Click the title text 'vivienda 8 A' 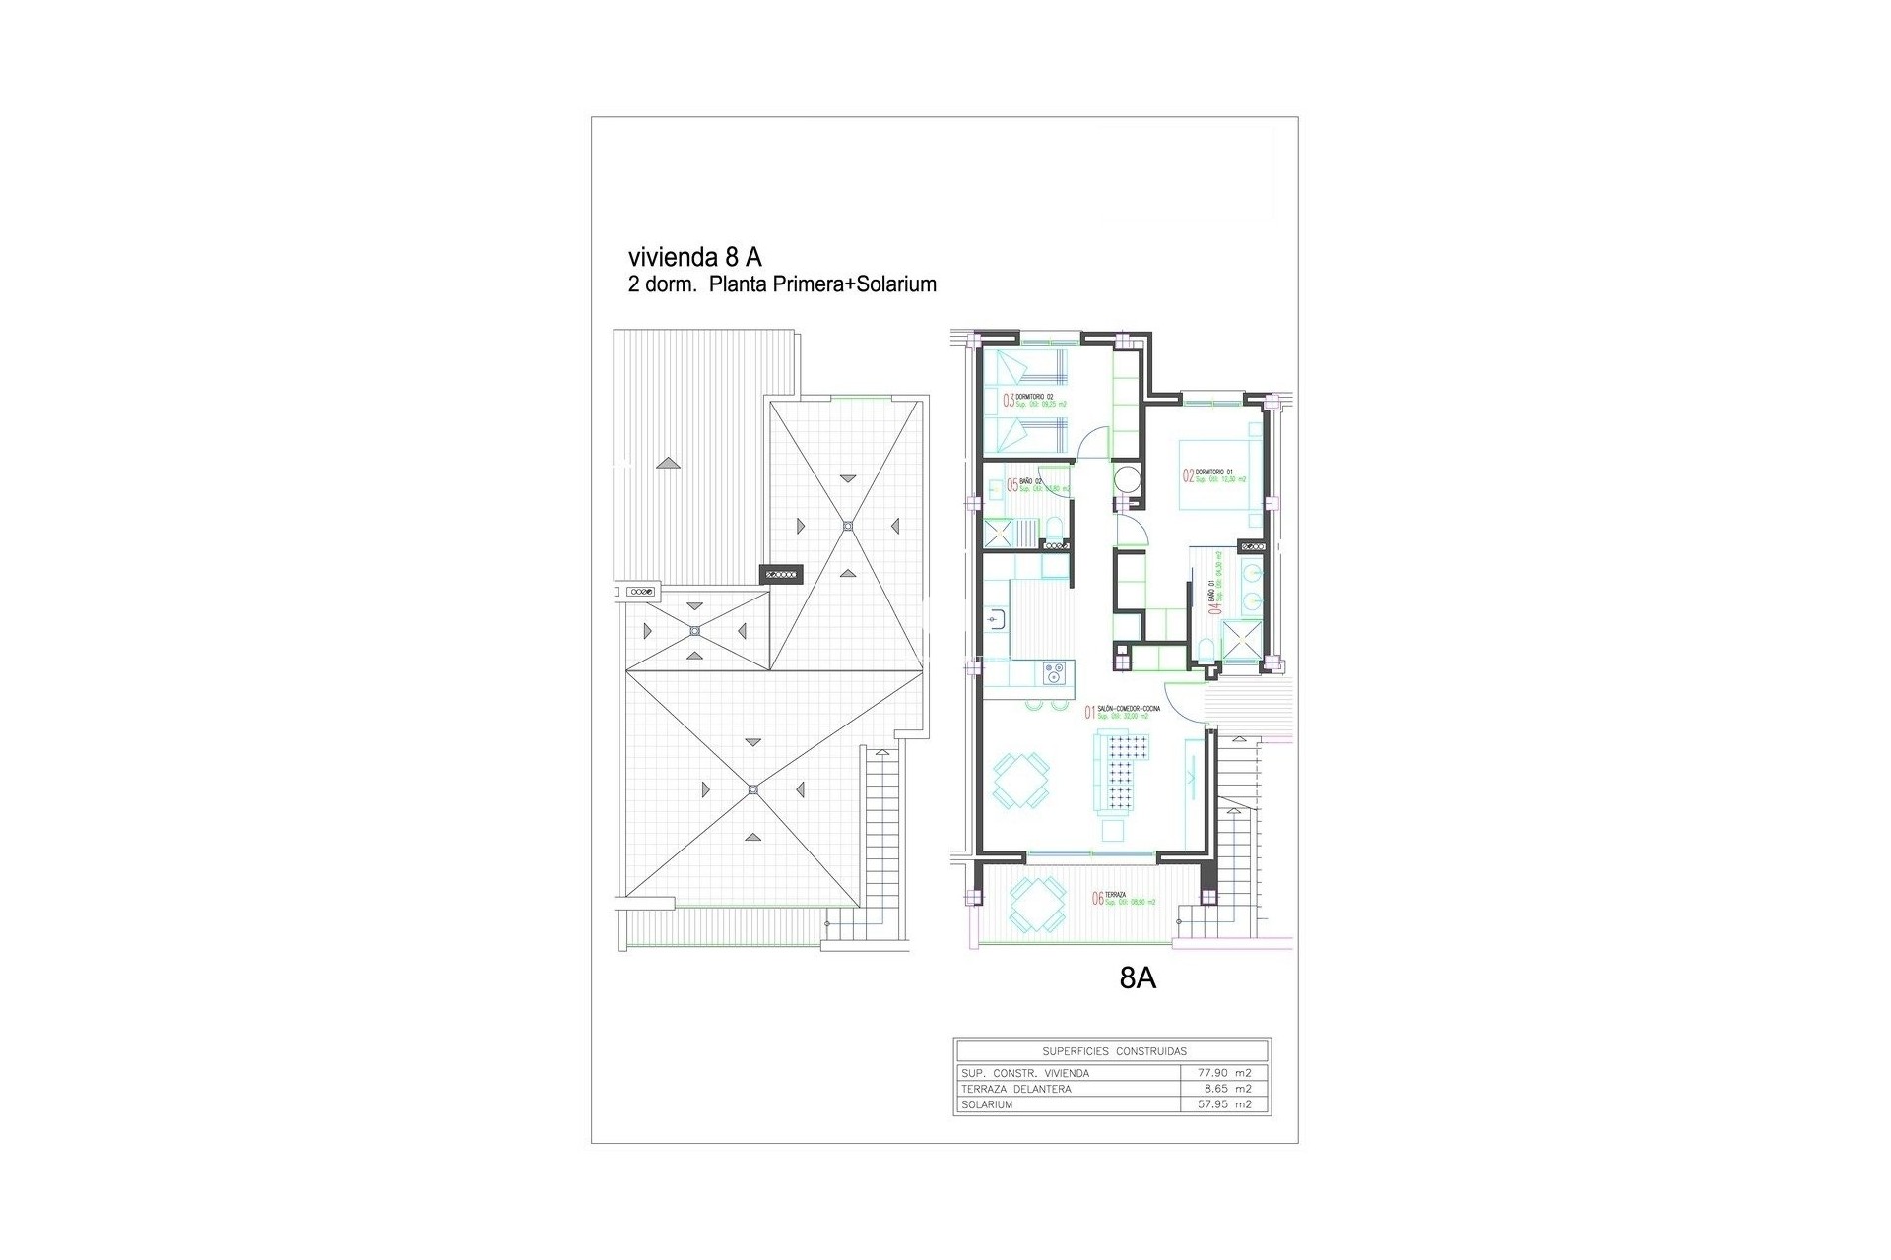[694, 257]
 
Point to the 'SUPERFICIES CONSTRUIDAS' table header [1114, 1051]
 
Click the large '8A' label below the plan [1138, 978]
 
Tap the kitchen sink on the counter [994, 618]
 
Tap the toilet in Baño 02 [1055, 533]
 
